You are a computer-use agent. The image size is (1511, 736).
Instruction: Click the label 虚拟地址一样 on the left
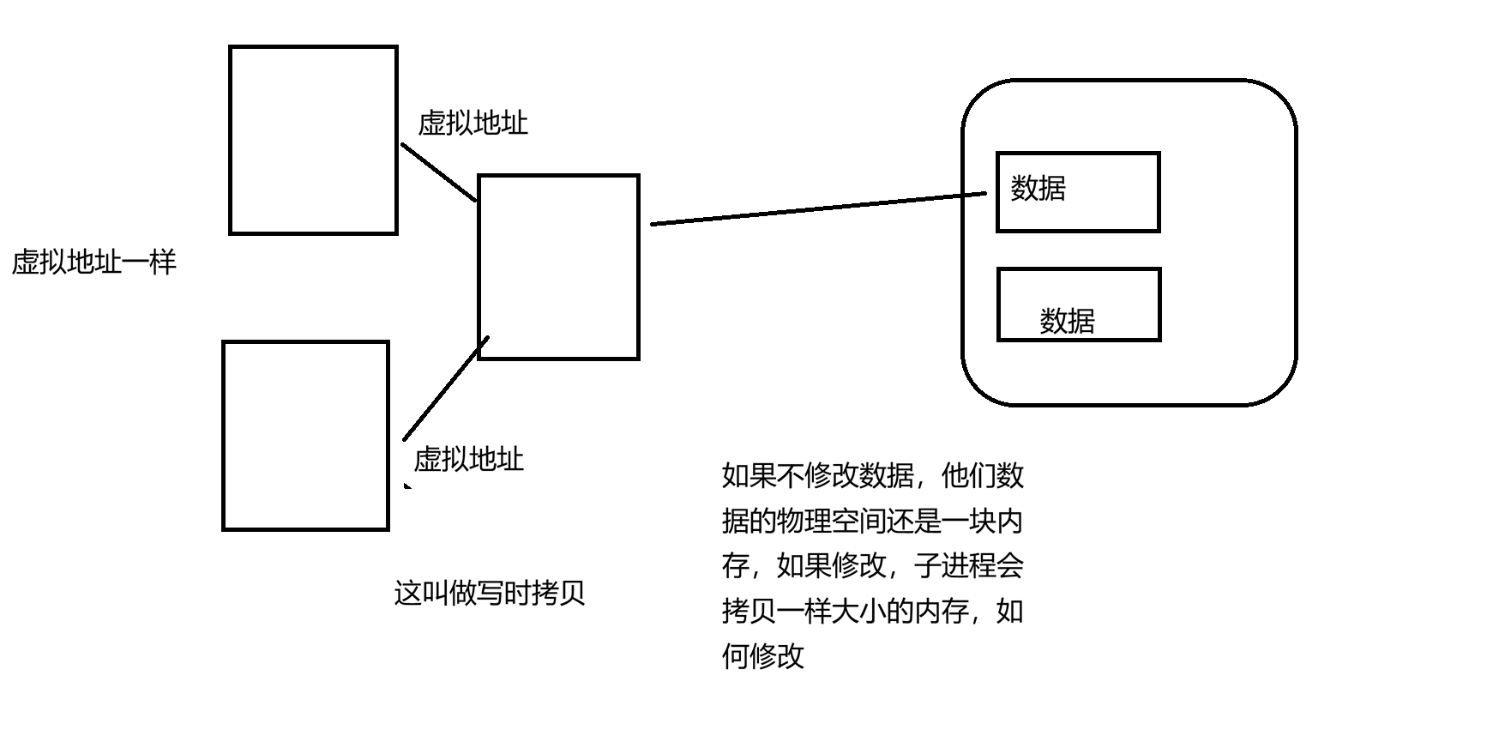click(x=94, y=262)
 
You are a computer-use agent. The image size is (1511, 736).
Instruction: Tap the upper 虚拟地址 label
click(x=473, y=124)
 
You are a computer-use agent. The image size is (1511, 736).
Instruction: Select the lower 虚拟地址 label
click(x=468, y=460)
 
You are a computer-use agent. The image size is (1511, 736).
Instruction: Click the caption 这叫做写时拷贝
click(x=489, y=593)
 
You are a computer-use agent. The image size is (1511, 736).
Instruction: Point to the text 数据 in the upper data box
click(x=1038, y=188)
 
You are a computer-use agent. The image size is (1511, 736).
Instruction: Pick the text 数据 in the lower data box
click(x=1067, y=322)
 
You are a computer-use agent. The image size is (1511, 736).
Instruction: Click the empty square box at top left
click(x=313, y=140)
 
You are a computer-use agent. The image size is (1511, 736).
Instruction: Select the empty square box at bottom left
click(x=305, y=436)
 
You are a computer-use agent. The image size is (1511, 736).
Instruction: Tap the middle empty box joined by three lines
click(x=558, y=267)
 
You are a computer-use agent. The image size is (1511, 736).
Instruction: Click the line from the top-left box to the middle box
click(x=438, y=172)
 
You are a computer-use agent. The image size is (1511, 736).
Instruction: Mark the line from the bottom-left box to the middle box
click(x=445, y=389)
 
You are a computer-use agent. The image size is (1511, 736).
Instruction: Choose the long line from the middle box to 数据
click(x=819, y=208)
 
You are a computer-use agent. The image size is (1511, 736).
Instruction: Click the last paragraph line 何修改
click(x=763, y=656)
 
